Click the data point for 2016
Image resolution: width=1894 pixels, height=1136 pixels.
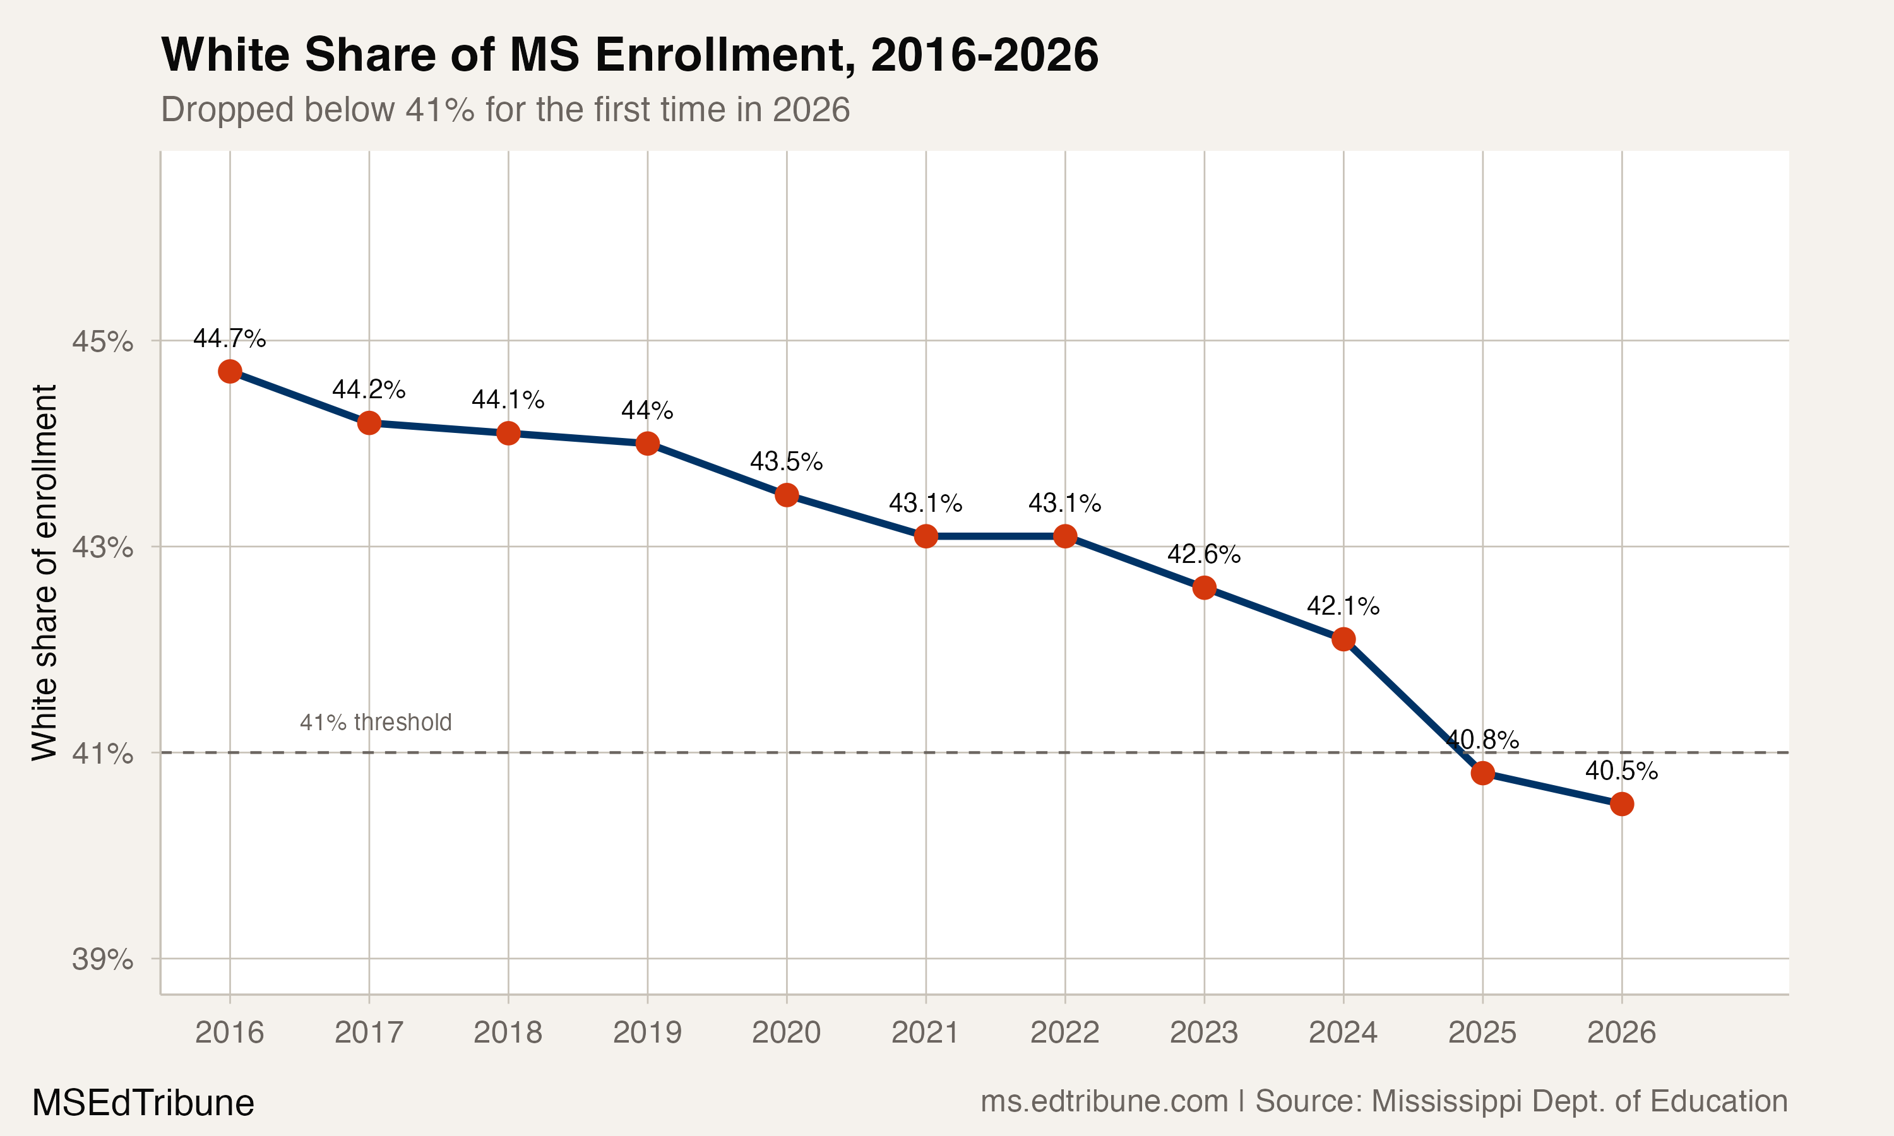click(230, 371)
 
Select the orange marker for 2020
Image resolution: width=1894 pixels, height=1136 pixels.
click(786, 495)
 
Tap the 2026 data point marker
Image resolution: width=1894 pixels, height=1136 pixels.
click(1621, 804)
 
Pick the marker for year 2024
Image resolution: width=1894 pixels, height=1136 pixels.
click(1343, 639)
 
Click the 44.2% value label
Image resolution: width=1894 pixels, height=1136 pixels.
click(368, 389)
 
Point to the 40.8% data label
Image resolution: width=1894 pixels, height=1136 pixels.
click(1482, 740)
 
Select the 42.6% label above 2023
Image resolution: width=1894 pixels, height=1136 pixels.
click(1203, 554)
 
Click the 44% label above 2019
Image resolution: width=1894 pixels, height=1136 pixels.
click(647, 410)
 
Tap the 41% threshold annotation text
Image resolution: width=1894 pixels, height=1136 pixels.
click(375, 722)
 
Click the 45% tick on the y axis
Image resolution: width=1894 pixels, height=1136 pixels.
click(102, 341)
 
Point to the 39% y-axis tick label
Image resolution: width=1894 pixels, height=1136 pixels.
click(102, 959)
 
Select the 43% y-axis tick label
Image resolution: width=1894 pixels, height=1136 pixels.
click(102, 547)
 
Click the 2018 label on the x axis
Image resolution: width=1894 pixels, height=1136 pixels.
click(508, 1032)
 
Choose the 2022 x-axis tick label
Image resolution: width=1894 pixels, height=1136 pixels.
click(1064, 1032)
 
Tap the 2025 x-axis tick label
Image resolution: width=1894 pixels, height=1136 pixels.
click(1482, 1032)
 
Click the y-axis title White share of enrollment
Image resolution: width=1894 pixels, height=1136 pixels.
click(44, 572)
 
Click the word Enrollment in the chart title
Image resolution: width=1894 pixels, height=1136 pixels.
click(724, 55)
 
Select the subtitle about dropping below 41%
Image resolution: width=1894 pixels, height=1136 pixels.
click(505, 109)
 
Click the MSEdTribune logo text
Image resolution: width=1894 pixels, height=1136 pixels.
click(143, 1103)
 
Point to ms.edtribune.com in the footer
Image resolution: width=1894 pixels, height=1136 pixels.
click(1104, 1101)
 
